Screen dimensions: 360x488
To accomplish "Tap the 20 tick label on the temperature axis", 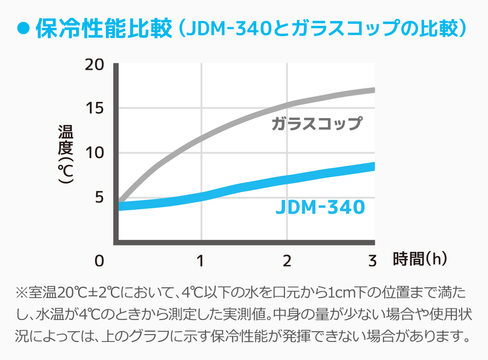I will point(95,64).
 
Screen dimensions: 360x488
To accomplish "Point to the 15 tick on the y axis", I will point(95,108).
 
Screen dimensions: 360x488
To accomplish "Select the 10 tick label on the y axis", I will point(95,153).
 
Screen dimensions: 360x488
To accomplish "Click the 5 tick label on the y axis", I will point(99,198).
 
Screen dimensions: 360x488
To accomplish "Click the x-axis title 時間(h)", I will point(420,259).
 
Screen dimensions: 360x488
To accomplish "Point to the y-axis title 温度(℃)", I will point(65,153).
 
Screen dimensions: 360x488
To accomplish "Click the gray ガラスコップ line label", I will point(317,123).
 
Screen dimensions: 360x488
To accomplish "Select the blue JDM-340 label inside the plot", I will point(320,207).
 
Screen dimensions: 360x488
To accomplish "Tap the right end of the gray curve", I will point(373,90).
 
